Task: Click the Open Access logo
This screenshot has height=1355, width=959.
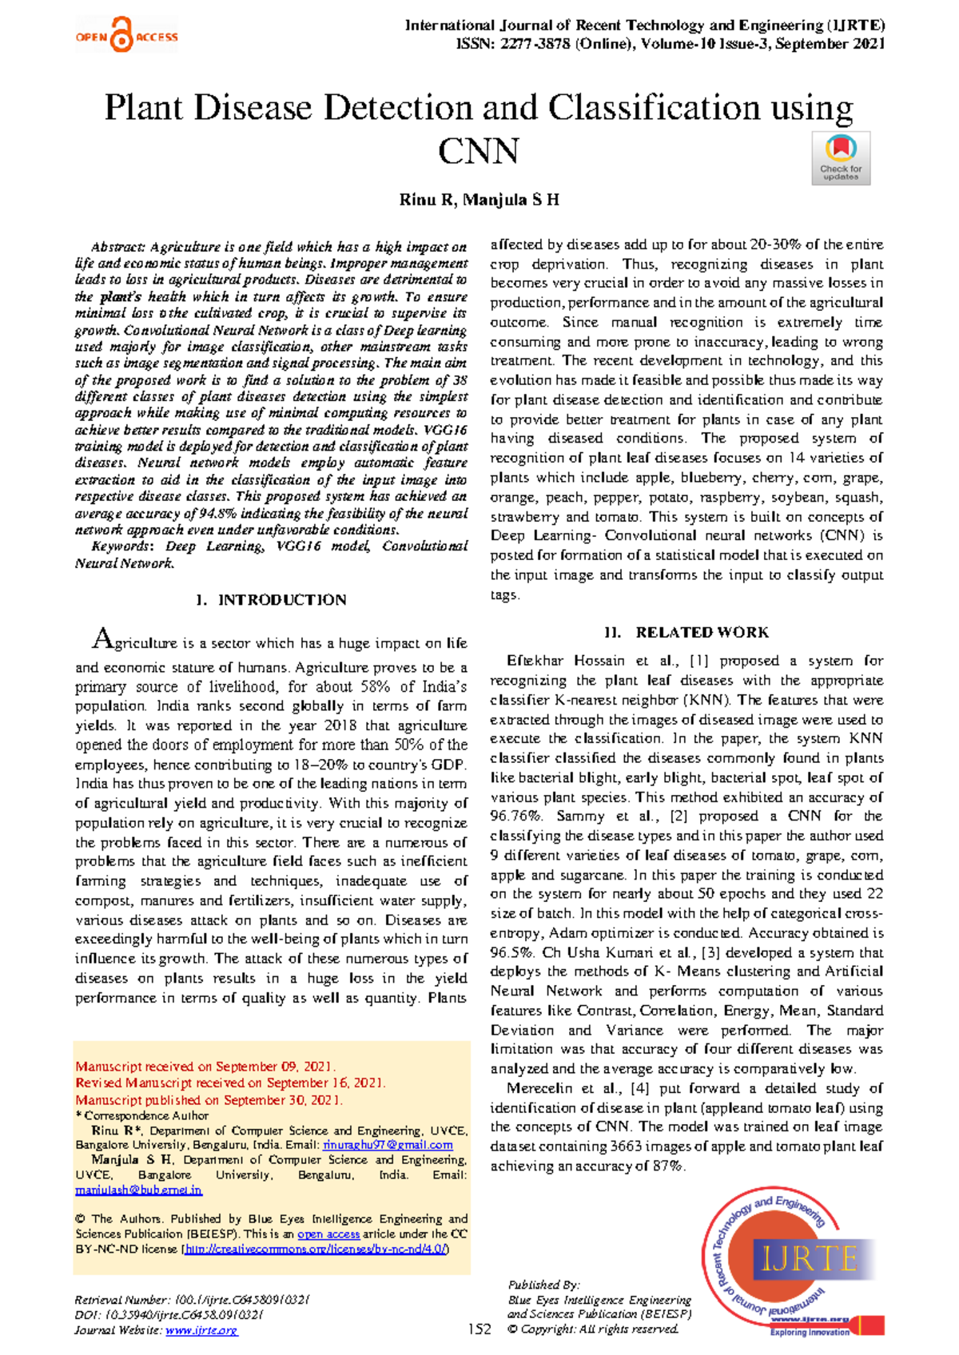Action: [126, 36]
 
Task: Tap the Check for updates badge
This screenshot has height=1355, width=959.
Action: [841, 158]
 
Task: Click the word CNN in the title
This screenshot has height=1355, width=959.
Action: [478, 151]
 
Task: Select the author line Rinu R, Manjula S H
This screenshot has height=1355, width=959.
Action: [479, 200]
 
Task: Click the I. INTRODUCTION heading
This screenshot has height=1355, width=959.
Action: [271, 600]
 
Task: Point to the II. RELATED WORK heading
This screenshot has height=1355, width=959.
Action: [686, 633]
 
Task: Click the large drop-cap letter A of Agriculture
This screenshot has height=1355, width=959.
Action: [102, 639]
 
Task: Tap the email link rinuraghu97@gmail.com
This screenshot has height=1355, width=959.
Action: [388, 1145]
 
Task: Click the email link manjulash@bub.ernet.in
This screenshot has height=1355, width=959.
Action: [138, 1190]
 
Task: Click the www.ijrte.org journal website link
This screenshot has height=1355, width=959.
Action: [201, 1330]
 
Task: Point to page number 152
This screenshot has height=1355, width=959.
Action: [479, 1329]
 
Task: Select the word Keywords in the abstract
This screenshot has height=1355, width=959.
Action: [120, 546]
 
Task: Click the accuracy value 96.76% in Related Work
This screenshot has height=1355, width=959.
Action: [515, 817]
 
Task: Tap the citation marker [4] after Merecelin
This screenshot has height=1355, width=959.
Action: [639, 1088]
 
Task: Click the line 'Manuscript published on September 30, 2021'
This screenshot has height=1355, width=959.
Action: [209, 1100]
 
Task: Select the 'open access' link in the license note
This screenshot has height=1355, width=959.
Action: [328, 1234]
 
